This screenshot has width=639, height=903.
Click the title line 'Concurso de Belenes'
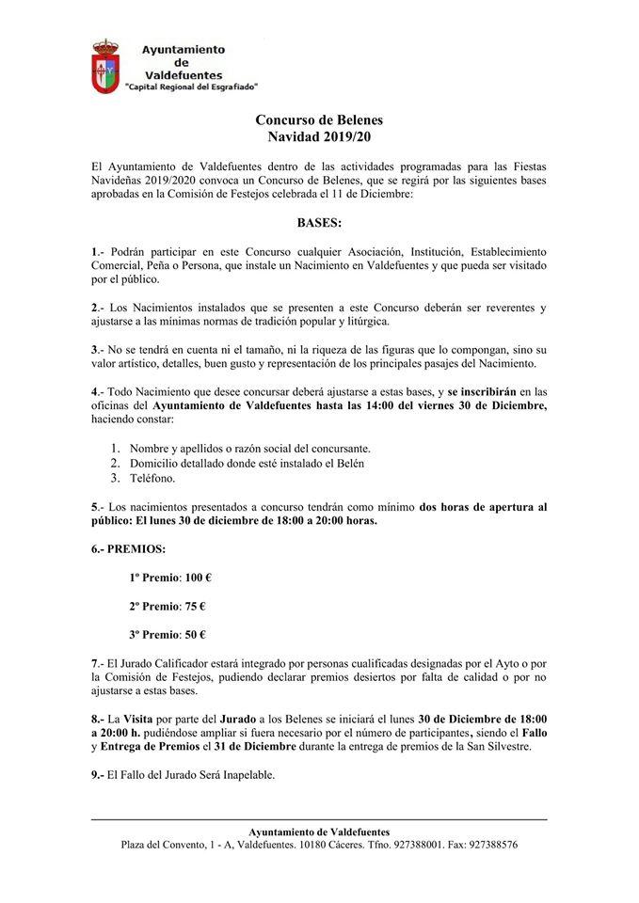[x=319, y=120]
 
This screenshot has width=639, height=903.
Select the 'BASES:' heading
[x=319, y=225]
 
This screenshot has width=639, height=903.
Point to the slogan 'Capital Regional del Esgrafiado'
[x=192, y=86]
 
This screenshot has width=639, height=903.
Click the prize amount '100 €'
[x=193, y=577]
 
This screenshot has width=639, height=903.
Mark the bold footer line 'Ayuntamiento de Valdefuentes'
[x=319, y=832]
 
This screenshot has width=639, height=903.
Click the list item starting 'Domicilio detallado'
[x=247, y=463]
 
